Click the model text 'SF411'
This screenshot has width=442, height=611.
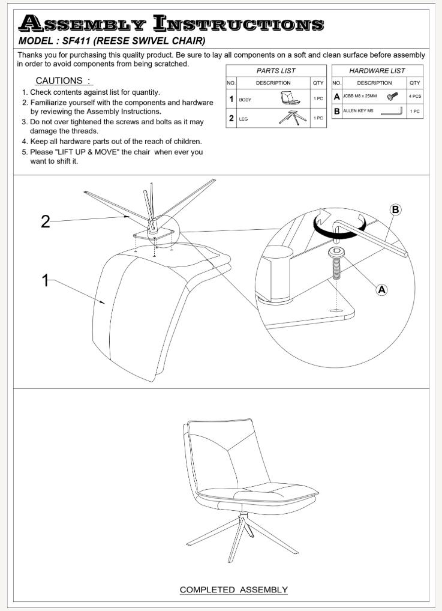77,41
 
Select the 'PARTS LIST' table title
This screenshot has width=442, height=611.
276,71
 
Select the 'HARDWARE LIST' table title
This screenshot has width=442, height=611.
377,71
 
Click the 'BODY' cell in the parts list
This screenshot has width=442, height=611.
245,100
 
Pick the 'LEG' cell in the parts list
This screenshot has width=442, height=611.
243,119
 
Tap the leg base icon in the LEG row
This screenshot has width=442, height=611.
292,117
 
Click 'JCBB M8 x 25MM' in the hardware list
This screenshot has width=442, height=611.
361,95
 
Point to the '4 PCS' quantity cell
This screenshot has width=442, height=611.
414,96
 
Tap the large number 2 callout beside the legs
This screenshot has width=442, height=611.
45,221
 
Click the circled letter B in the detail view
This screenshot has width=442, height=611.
395,209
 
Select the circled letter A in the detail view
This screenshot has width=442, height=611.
381,289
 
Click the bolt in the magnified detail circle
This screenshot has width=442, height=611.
336,264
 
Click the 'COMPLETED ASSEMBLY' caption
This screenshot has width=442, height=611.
234,590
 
